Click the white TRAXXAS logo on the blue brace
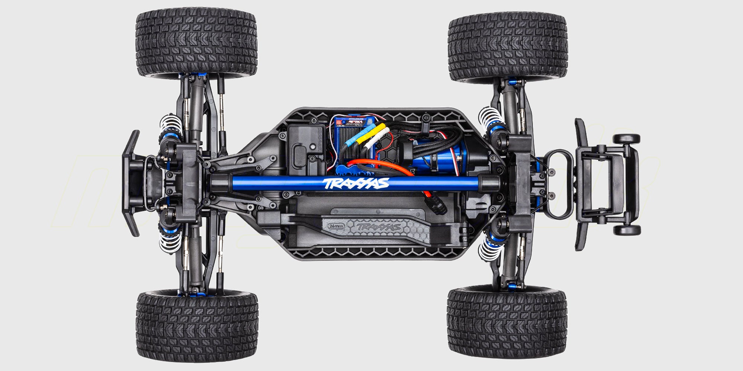click(356, 183)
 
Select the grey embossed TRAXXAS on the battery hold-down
click(378, 227)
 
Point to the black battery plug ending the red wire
click(439, 206)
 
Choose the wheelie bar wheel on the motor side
click(626, 139)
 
